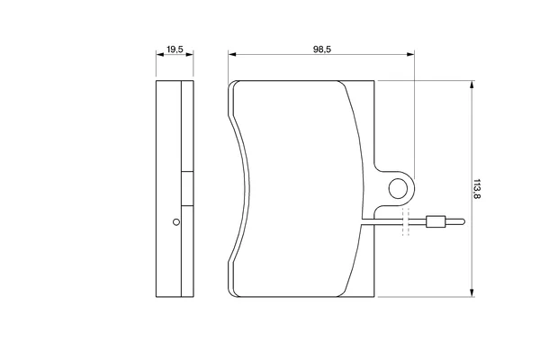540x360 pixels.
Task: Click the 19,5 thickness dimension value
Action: pos(175,49)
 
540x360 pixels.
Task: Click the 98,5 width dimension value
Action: pos(321,49)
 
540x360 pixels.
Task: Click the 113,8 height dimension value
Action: pos(477,188)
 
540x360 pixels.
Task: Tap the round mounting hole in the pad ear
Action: pos(398,188)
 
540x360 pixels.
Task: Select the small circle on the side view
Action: pos(176,222)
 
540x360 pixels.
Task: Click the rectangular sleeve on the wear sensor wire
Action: pos(436,221)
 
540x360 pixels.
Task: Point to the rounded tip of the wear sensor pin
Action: pos(463,221)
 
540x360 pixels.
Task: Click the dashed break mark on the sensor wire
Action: pos(406,222)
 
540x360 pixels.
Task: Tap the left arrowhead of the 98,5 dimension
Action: pos(231,54)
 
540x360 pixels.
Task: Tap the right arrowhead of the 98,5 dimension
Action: pos(411,54)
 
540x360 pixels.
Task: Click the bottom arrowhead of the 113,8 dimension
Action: pos(472,293)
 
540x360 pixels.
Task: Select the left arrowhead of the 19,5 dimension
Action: pos(159,54)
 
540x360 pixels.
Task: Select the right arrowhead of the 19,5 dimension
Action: pos(190,54)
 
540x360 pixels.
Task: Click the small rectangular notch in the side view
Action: pos(187,189)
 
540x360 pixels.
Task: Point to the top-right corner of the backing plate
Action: pos(374,81)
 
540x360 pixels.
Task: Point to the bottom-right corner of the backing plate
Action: pos(374,297)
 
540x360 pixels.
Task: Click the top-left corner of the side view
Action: pos(156,81)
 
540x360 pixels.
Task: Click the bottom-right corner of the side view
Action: pos(193,297)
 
